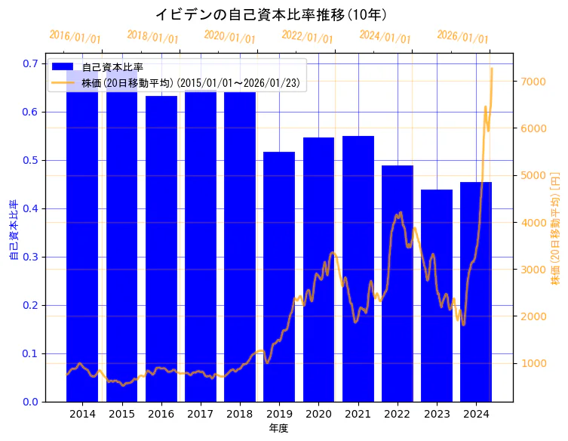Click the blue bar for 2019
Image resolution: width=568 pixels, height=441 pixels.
click(x=279, y=276)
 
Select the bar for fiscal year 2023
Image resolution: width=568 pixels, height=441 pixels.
click(x=437, y=295)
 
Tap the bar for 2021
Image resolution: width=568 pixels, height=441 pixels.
click(x=358, y=268)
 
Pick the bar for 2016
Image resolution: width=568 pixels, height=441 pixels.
click(x=161, y=248)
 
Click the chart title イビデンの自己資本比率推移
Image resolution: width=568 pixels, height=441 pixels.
click(x=272, y=14)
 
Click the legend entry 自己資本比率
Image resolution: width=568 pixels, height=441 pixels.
click(x=112, y=67)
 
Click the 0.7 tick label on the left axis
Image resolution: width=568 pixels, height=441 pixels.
click(x=30, y=63)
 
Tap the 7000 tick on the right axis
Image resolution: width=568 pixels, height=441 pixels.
click(x=532, y=82)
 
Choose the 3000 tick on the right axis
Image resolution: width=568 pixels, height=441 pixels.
click(x=532, y=270)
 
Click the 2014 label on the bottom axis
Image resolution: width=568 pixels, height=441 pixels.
click(x=82, y=414)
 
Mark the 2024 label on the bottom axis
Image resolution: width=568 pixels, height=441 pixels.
click(x=476, y=414)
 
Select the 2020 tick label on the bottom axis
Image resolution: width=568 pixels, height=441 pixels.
click(x=318, y=414)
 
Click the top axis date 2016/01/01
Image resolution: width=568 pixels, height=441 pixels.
click(x=75, y=37)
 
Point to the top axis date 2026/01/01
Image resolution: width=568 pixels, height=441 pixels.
click(x=462, y=37)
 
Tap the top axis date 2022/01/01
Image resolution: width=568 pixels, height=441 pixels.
click(x=307, y=37)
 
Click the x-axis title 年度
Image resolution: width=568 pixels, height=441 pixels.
click(x=278, y=428)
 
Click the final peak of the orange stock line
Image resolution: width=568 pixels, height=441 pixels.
click(x=492, y=69)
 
